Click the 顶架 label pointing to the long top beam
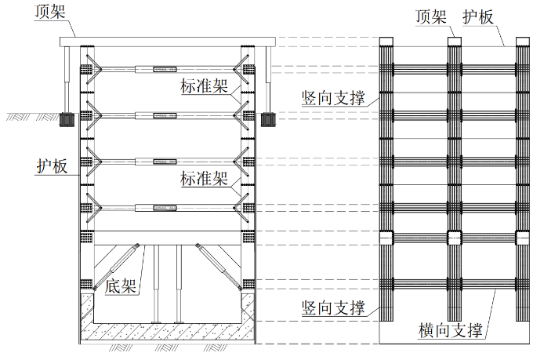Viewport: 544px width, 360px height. (x=50, y=12)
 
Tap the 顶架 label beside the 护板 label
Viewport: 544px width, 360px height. (x=431, y=16)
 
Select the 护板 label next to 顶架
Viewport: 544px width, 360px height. (x=478, y=16)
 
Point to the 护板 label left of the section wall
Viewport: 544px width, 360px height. (x=52, y=166)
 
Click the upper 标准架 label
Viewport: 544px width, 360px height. (x=204, y=85)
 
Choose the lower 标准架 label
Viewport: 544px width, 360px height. (x=204, y=179)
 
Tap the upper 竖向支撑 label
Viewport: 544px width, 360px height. (x=333, y=97)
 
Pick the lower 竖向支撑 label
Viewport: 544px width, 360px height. (x=333, y=307)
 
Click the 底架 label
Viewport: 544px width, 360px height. (x=121, y=286)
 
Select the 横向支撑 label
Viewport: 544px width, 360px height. (x=450, y=329)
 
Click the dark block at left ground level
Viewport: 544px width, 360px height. (x=67, y=119)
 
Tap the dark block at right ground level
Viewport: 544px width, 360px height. (x=268, y=119)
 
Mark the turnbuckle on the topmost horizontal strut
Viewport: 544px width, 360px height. (x=165, y=70)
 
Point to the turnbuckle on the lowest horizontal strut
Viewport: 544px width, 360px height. (x=165, y=208)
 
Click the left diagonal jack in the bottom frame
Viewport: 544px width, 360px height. (x=116, y=267)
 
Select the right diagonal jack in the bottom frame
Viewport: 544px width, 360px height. (x=218, y=267)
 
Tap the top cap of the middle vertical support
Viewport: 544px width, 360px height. (x=455, y=42)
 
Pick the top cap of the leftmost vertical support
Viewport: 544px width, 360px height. (x=386, y=42)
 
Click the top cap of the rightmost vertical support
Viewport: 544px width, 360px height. (x=523, y=42)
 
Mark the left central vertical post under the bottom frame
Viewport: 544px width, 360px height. (x=156, y=284)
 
